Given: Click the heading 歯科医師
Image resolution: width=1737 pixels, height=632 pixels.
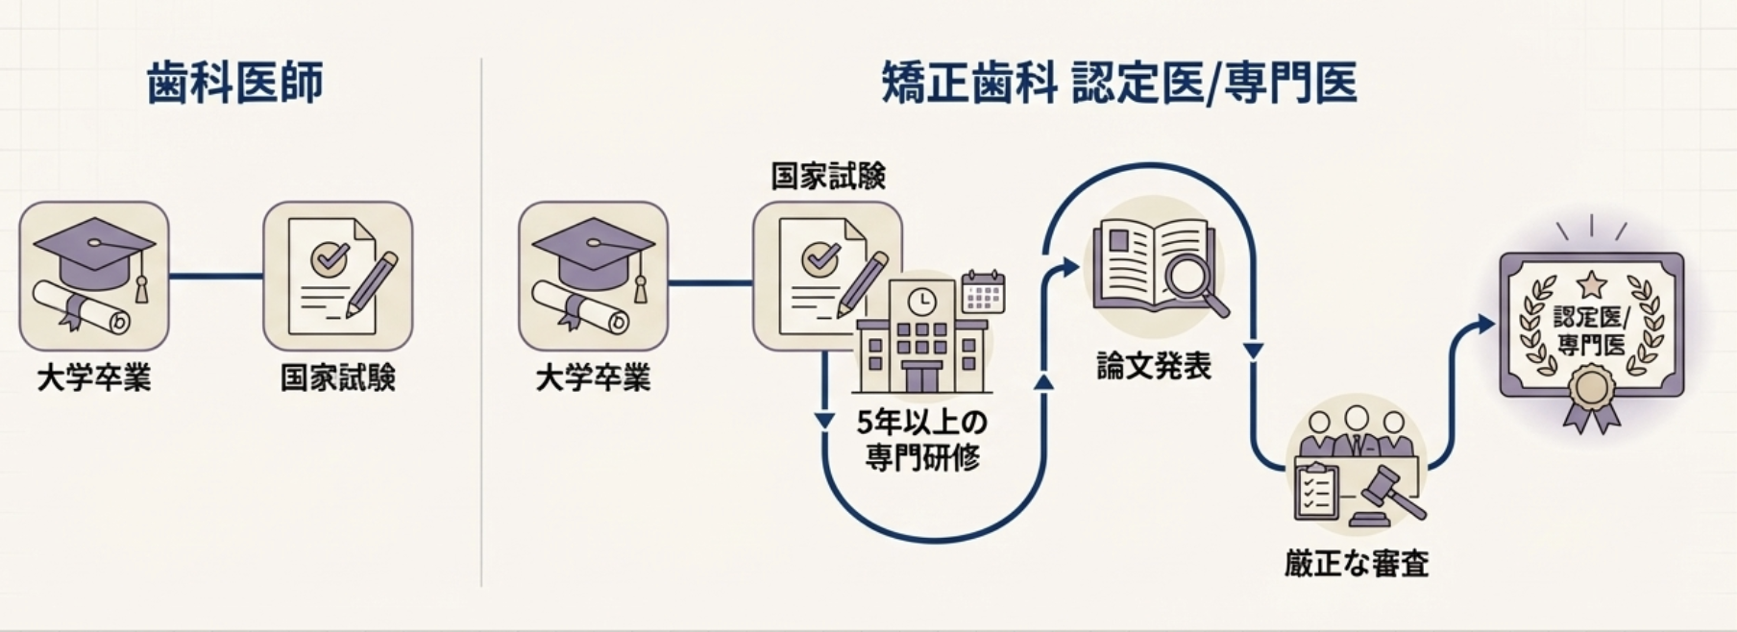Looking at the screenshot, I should (235, 83).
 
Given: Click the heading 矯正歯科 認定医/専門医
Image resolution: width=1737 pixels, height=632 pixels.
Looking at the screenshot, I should (1119, 83).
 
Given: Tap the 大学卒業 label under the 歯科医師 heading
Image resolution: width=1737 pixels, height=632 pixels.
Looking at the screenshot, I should (94, 377).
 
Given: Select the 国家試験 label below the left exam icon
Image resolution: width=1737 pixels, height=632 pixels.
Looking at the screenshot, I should (337, 377).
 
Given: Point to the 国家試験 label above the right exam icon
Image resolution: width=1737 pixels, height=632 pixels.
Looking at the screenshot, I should (828, 176).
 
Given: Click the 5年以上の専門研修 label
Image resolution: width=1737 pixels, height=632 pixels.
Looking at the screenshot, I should (922, 440).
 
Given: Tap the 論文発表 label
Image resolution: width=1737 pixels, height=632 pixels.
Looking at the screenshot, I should (1154, 366).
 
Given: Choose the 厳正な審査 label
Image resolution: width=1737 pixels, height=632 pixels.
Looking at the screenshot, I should (1357, 563).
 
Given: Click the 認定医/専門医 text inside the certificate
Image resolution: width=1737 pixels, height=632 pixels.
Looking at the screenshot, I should (1591, 330).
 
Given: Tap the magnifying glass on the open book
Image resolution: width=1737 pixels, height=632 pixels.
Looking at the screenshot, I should (1191, 279).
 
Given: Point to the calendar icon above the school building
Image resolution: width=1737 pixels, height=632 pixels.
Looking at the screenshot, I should (982, 292).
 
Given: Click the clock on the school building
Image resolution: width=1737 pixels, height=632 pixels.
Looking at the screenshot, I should (920, 301).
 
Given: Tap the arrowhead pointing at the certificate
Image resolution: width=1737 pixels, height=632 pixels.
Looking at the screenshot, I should (1487, 325).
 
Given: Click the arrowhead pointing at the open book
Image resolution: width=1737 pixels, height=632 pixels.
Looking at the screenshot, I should (1071, 267).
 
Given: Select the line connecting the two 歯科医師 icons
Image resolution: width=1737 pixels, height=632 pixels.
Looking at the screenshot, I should (216, 277).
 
